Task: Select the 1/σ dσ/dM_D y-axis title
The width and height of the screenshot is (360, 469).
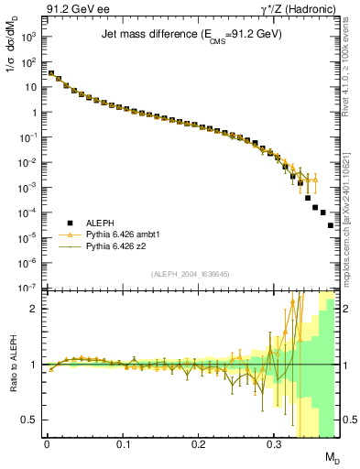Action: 13,68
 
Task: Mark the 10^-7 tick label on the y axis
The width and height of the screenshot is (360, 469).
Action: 29,289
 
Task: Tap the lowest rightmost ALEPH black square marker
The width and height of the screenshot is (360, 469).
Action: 331,251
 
